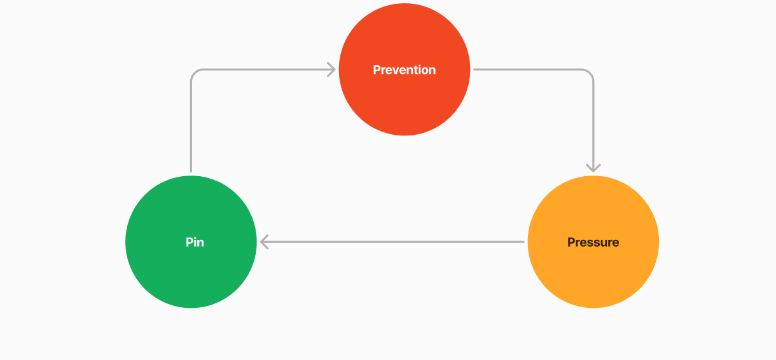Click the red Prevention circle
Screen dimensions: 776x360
(x=405, y=95)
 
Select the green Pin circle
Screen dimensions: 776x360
(x=191, y=267)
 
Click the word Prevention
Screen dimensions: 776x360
(x=405, y=70)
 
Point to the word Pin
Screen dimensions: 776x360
(x=195, y=242)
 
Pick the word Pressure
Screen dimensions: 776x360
(x=593, y=242)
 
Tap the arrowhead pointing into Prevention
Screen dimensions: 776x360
(x=331, y=69)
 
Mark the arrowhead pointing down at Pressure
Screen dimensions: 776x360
(x=593, y=167)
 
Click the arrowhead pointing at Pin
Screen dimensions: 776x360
(x=265, y=242)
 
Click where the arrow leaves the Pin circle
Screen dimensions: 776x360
(x=191, y=170)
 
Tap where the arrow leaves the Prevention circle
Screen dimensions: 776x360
(x=475, y=69)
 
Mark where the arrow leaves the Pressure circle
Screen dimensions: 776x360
(x=523, y=242)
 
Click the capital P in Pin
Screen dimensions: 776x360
(x=189, y=242)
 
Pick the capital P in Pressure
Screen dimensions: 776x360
(x=571, y=242)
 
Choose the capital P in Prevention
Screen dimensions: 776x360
(x=377, y=70)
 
